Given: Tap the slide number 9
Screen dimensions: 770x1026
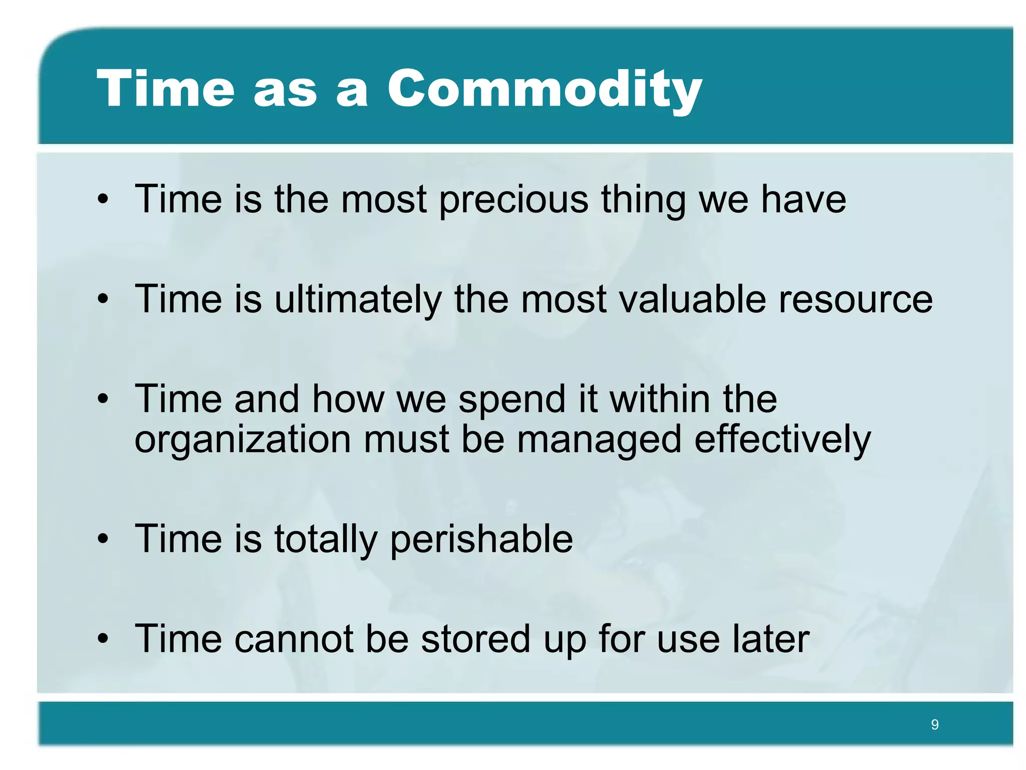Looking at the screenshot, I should pyautogui.click(x=934, y=724).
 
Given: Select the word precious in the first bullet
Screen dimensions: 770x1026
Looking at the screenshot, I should pyautogui.click(x=514, y=200).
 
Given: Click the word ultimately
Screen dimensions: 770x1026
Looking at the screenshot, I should pyautogui.click(x=358, y=300).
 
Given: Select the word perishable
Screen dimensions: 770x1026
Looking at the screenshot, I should pyautogui.click(x=481, y=539).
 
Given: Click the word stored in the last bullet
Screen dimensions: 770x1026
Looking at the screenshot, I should pyautogui.click(x=475, y=639).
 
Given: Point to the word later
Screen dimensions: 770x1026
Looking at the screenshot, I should pyautogui.click(x=771, y=639).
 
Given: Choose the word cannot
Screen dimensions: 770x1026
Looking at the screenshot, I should pyautogui.click(x=294, y=639).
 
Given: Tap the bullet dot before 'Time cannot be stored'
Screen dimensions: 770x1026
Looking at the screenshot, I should pyautogui.click(x=103, y=640).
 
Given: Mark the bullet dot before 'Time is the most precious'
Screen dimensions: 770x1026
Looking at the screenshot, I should pyautogui.click(x=103, y=200).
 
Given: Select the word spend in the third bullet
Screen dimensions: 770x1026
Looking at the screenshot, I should pyautogui.click(x=512, y=400).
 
